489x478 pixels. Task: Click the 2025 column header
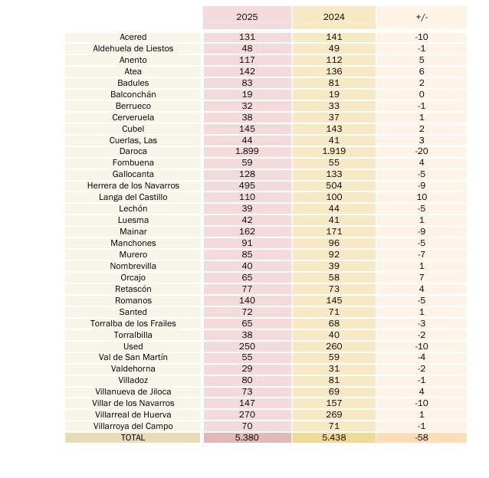coord(247,17)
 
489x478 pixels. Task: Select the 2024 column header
coord(334,17)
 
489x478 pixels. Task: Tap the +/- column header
coord(422,17)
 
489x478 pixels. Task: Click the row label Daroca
coord(133,152)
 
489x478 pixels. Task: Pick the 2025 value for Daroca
coord(247,152)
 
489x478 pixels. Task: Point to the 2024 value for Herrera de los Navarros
coord(334,185)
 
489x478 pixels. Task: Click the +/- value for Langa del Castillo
coord(422,197)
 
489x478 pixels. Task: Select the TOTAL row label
coord(133,437)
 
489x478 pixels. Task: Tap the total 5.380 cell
coord(247,437)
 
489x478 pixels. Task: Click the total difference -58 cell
coord(422,437)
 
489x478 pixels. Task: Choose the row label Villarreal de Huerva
coord(133,414)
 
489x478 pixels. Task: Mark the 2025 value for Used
coord(247,346)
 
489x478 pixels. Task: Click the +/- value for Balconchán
coord(422,94)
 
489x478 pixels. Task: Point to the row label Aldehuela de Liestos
coord(133,48)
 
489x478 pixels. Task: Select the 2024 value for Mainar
coord(334,231)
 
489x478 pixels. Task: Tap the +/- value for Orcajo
coord(422,277)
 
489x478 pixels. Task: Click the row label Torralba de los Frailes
coord(133,323)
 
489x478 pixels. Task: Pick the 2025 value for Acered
coord(247,37)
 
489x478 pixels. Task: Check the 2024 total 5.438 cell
coord(334,437)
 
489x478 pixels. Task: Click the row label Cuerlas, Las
coord(133,140)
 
